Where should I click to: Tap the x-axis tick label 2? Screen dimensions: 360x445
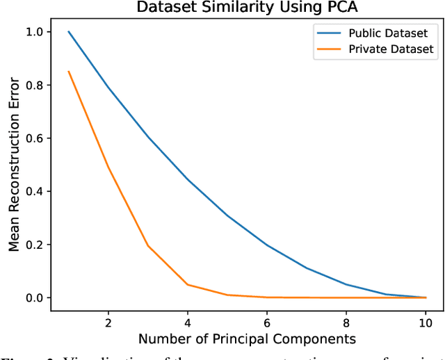pyautogui.click(x=108, y=322)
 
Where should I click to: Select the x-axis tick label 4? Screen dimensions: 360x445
pyautogui.click(x=188, y=322)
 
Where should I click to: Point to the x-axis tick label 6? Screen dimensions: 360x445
pyautogui.click(x=268, y=322)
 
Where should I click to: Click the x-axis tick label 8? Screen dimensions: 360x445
pyautogui.click(x=347, y=322)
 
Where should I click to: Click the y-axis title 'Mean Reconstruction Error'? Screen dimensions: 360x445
pyautogui.click(x=14, y=165)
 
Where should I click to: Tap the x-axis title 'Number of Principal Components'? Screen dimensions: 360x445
pyautogui.click(x=247, y=339)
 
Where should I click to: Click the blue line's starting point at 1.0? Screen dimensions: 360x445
pyautogui.click(x=68, y=32)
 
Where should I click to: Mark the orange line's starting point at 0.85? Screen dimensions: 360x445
pyautogui.click(x=68, y=72)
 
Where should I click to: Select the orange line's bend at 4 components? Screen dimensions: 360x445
pyautogui.click(x=188, y=284)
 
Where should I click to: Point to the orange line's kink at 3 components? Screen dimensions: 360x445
pyautogui.click(x=148, y=246)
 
